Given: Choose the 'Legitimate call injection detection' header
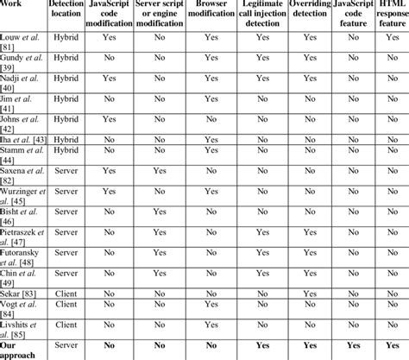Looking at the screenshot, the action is [x=261, y=16].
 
